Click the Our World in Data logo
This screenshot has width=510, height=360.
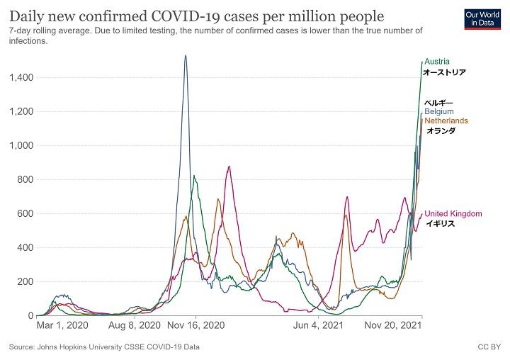484,18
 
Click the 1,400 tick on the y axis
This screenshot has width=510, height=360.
21,77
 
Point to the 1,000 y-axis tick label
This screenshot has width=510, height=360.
21,145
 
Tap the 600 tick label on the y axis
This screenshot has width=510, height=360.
25,213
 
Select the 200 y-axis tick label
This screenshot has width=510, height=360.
25,281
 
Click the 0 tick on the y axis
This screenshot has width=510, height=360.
30,315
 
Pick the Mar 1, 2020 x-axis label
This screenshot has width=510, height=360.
62,327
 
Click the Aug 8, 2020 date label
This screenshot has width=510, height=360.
135,327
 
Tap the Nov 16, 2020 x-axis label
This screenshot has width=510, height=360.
195,327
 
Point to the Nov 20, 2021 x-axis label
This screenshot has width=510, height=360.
394,327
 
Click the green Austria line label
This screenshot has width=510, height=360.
436,62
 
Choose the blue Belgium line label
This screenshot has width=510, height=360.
439,112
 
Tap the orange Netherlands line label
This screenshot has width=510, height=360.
446,121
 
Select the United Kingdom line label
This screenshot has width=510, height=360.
453,213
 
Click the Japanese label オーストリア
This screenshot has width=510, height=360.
444,72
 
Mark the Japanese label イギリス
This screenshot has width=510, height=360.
439,223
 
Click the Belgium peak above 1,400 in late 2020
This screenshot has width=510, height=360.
186,57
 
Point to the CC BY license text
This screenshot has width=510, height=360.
489,347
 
